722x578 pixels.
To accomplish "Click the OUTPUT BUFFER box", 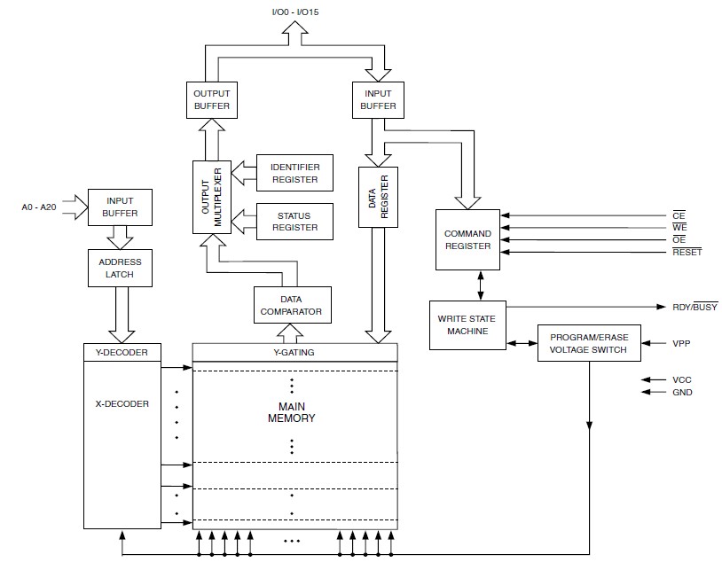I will point(211,100).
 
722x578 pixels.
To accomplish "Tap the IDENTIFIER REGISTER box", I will point(294,172).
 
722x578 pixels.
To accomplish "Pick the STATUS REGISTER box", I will point(294,222).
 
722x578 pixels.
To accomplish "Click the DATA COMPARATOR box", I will point(292,306).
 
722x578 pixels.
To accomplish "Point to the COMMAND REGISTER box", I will point(467,239).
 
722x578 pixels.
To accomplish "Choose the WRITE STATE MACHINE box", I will point(467,325).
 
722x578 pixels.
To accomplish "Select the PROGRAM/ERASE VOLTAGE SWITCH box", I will point(588,343).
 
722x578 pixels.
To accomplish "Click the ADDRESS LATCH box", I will point(120,267).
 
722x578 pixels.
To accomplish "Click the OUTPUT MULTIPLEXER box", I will point(212,196).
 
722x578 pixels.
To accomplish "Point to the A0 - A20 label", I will point(39,207).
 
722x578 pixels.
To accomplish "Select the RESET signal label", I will point(687,253).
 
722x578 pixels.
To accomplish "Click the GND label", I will point(682,392).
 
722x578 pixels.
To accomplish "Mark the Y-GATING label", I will point(294,352).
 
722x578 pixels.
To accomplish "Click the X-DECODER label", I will point(122,403).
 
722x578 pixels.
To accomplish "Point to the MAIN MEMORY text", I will point(292,412).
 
